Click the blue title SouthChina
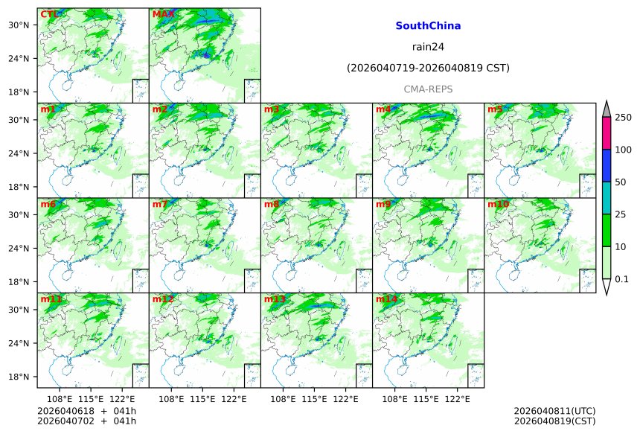(428, 25)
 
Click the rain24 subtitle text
(428, 47)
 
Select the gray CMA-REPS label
(428, 89)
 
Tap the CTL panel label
(49, 14)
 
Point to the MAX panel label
(163, 14)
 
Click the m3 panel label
(272, 109)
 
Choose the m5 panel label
(495, 109)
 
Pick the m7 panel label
(160, 204)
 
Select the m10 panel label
(498, 204)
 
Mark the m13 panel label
(275, 299)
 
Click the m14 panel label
(386, 299)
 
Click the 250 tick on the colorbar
(624, 118)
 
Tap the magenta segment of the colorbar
(607, 133)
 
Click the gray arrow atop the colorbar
(607, 109)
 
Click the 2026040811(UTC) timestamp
(554, 411)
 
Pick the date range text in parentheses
(428, 68)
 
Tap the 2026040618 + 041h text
(86, 411)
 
